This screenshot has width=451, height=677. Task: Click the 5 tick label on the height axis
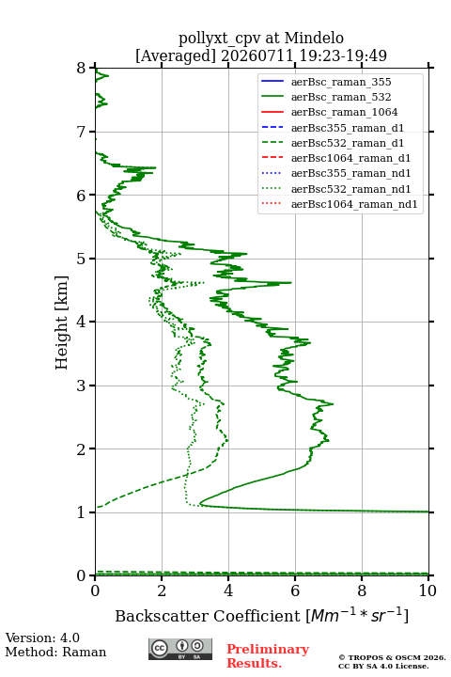click(x=82, y=259)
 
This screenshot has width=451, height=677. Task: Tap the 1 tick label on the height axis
click(x=82, y=512)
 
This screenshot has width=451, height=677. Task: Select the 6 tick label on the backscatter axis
click(x=295, y=590)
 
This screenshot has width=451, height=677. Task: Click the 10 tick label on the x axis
click(x=428, y=590)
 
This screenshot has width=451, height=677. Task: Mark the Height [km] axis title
click(x=62, y=323)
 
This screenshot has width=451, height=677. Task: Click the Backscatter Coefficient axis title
click(x=261, y=615)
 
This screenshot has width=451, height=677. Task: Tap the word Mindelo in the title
click(x=314, y=38)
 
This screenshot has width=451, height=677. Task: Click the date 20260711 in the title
click(x=257, y=55)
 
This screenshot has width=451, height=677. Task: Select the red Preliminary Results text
click(x=268, y=655)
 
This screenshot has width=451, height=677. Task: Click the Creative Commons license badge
click(x=180, y=649)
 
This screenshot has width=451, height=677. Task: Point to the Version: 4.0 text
click(x=42, y=638)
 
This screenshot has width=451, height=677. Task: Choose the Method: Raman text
click(x=55, y=652)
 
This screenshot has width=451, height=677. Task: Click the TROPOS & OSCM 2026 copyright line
click(x=393, y=657)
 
